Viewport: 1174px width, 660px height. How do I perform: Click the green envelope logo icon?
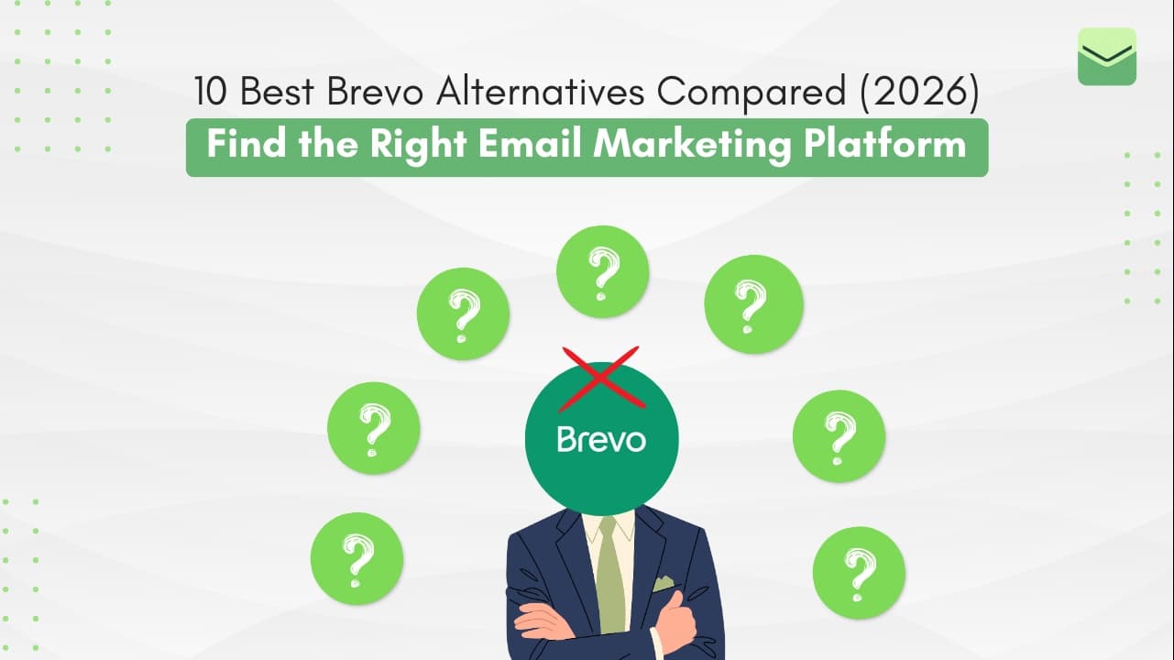click(x=1106, y=57)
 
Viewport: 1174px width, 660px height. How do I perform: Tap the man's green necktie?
click(x=609, y=577)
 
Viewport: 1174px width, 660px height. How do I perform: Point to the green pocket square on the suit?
click(x=663, y=584)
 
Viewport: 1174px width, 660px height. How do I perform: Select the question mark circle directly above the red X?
click(x=602, y=271)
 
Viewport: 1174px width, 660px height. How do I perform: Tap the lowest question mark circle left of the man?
click(x=357, y=557)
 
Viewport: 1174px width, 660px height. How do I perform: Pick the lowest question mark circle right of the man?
click(x=858, y=572)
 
